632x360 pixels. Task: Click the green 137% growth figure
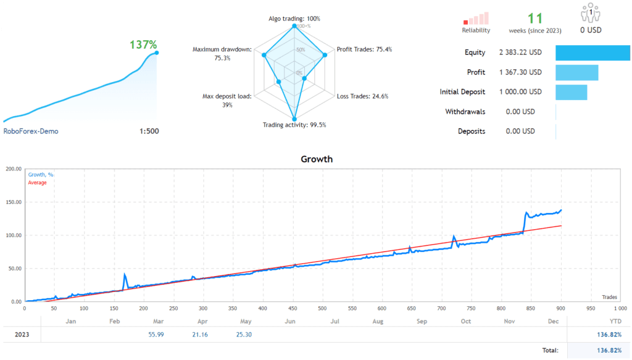click(143, 44)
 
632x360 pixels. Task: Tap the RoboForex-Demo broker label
click(31, 131)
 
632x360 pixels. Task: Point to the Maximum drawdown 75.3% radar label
click(222, 54)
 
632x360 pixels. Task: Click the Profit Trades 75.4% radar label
click(364, 49)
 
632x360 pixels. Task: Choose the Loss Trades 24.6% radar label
click(363, 96)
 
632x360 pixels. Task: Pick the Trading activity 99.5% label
click(294, 125)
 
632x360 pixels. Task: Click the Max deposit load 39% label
click(227, 101)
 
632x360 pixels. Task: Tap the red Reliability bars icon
click(476, 17)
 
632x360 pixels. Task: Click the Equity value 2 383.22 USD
click(520, 52)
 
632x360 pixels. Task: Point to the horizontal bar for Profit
click(576, 72)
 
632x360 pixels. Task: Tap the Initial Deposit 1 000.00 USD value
click(520, 92)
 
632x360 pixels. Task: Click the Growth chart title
click(316, 159)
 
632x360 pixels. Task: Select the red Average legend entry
click(37, 183)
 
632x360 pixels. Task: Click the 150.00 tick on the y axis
click(13, 202)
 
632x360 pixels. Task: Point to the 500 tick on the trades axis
click(322, 308)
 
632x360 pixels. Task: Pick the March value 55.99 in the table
click(156, 335)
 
